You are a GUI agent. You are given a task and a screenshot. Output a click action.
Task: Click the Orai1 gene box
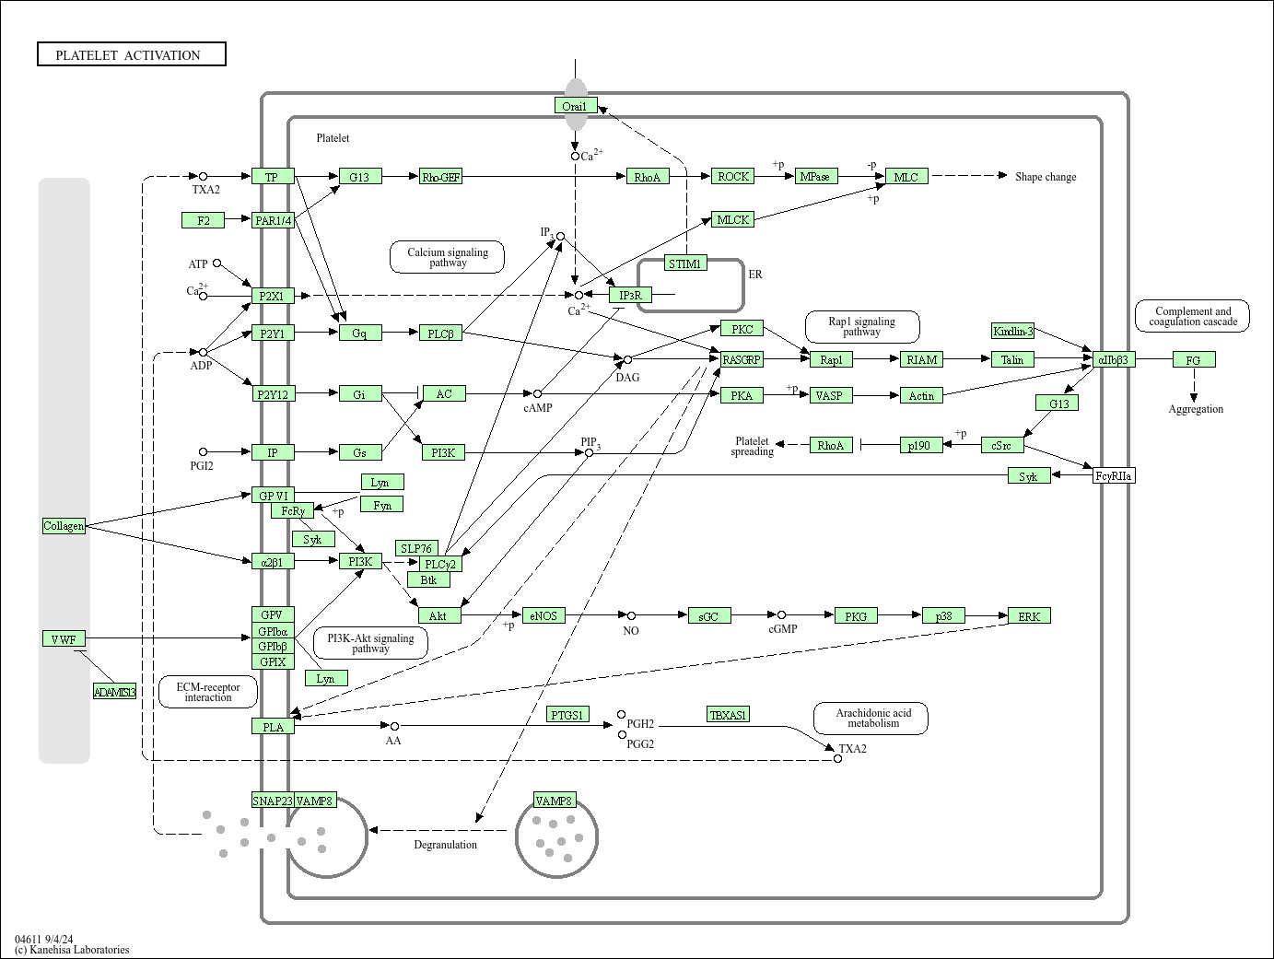576,106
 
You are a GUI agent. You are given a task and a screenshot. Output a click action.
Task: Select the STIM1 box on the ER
685,263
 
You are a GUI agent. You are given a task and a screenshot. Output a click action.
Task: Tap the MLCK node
733,219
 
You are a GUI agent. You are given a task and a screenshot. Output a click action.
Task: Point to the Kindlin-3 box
1012,331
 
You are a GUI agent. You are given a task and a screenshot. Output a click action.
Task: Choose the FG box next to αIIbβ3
1194,359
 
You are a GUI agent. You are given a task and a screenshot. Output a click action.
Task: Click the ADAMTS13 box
114,691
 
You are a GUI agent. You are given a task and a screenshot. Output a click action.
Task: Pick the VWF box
64,638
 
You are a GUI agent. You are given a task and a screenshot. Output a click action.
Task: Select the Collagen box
64,525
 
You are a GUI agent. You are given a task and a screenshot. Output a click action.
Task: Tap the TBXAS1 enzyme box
728,714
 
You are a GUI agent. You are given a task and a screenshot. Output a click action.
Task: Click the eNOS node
543,615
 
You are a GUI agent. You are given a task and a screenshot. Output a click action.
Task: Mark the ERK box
1029,615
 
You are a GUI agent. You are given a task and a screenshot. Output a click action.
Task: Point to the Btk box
428,579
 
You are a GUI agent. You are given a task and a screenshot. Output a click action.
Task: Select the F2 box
204,220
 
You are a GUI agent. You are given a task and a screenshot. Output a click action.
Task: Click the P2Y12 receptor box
273,394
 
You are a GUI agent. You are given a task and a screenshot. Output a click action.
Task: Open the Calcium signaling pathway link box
448,257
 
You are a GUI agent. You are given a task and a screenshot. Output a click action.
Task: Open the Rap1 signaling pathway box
861,326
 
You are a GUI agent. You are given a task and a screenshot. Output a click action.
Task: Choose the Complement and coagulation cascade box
1192,316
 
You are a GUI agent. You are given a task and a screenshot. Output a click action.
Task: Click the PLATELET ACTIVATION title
131,55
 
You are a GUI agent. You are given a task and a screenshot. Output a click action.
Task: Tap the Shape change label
1045,177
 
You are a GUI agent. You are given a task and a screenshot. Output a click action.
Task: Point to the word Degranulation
445,845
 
